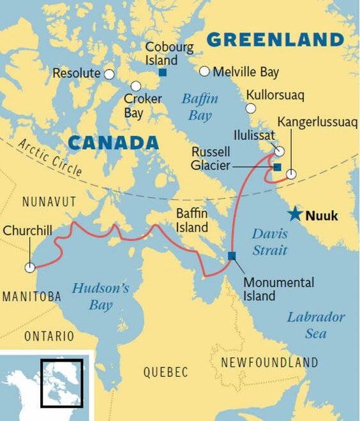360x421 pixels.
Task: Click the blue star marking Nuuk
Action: [294, 214]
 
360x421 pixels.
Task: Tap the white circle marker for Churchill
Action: [29, 268]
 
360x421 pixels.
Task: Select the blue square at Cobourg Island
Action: [163, 72]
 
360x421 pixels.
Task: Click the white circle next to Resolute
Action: [109, 74]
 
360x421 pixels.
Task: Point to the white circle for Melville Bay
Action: [204, 71]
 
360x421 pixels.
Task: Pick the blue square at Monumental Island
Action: [231, 256]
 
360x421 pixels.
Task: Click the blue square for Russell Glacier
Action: [277, 167]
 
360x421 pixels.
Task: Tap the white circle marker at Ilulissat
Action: [280, 151]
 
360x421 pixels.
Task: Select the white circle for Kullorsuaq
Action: [251, 108]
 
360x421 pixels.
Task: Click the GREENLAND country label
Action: [275, 40]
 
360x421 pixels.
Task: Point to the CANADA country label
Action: [113, 142]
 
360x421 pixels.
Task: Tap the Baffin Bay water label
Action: [200, 107]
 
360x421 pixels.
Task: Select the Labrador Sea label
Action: [315, 325]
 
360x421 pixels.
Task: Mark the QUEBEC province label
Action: [165, 372]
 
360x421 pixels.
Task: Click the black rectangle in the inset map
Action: [61, 383]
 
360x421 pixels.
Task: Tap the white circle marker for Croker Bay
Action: [135, 86]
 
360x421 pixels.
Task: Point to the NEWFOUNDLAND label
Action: [269, 362]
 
